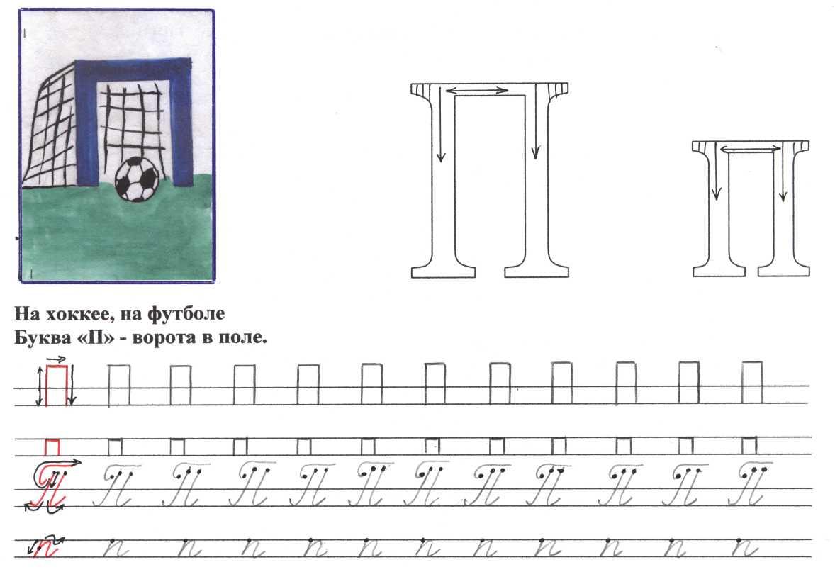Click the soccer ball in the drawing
[136, 179]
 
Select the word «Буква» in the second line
[41, 337]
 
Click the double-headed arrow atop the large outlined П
[476, 90]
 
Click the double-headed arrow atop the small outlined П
[751, 150]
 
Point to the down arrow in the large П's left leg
[440, 124]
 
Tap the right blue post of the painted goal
[181, 123]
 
